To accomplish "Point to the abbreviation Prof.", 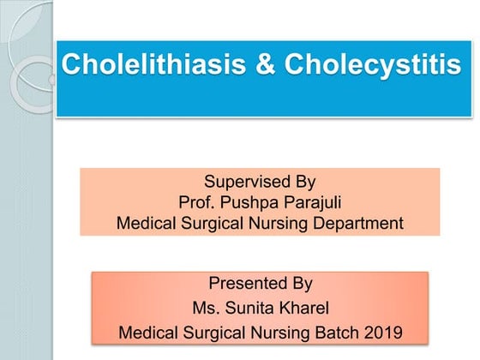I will pyautogui.click(x=195, y=203).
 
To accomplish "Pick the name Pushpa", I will pyautogui.click(x=247, y=203).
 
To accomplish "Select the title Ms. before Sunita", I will pyautogui.click(x=207, y=307).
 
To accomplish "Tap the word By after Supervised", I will pyautogui.click(x=304, y=182).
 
